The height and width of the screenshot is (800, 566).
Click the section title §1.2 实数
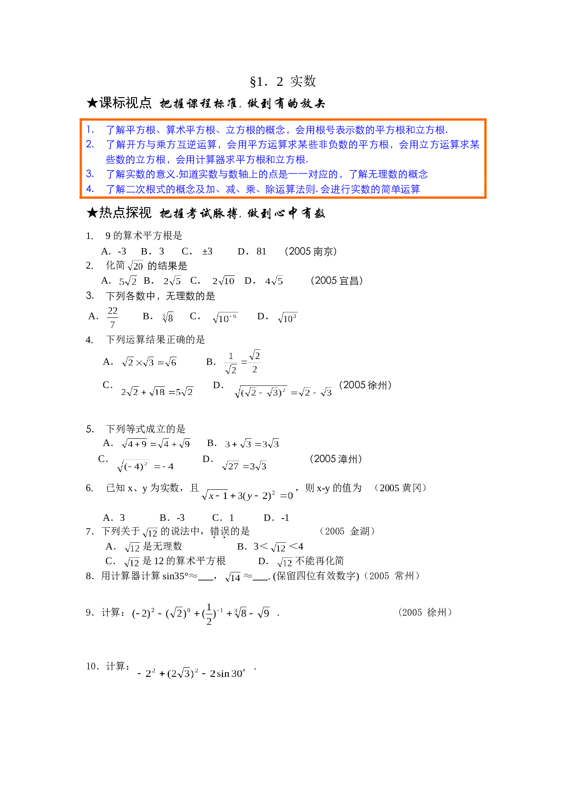[283, 82]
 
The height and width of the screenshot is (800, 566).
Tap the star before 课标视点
[92, 103]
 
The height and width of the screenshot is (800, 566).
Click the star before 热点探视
[92, 213]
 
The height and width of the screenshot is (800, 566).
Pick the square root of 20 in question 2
[136, 266]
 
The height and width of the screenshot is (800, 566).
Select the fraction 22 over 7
[112, 317]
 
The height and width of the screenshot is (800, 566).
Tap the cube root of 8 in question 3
[168, 317]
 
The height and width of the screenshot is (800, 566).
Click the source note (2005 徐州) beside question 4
[365, 385]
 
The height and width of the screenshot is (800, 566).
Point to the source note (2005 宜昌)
[337, 281]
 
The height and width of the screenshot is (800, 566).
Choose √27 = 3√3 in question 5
[244, 466]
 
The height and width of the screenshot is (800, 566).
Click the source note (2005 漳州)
[336, 459]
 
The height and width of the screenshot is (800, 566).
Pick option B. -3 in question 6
[172, 518]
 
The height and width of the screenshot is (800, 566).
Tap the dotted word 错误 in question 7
[220, 532]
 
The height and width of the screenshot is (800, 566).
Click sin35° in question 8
[175, 576]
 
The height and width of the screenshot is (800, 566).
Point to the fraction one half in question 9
[209, 614]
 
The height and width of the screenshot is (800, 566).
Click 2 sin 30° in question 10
[228, 673]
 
